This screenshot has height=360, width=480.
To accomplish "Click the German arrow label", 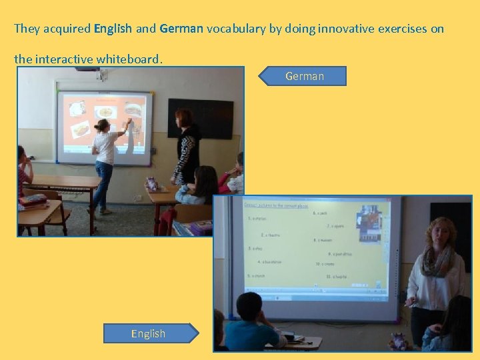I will coord(304,76).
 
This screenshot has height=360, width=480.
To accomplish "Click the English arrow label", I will coord(149,333).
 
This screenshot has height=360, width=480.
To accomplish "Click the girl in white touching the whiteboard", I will coord(105,160).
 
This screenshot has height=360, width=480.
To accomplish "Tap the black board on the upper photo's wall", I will coord(200,118).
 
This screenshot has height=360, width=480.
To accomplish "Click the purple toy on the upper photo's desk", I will coord(151,183).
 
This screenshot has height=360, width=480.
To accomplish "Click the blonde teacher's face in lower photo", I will coord(440,235).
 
